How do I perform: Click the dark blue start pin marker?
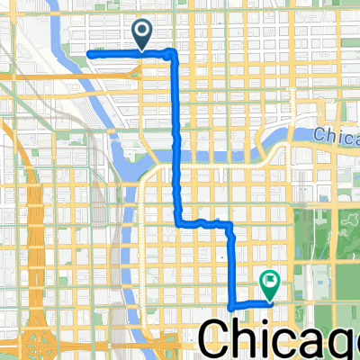[143, 34]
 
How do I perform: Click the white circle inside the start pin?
[143, 31]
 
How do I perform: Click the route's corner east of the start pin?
[173, 56]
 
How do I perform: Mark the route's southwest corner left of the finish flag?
[232, 306]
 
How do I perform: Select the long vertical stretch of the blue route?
[175, 135]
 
